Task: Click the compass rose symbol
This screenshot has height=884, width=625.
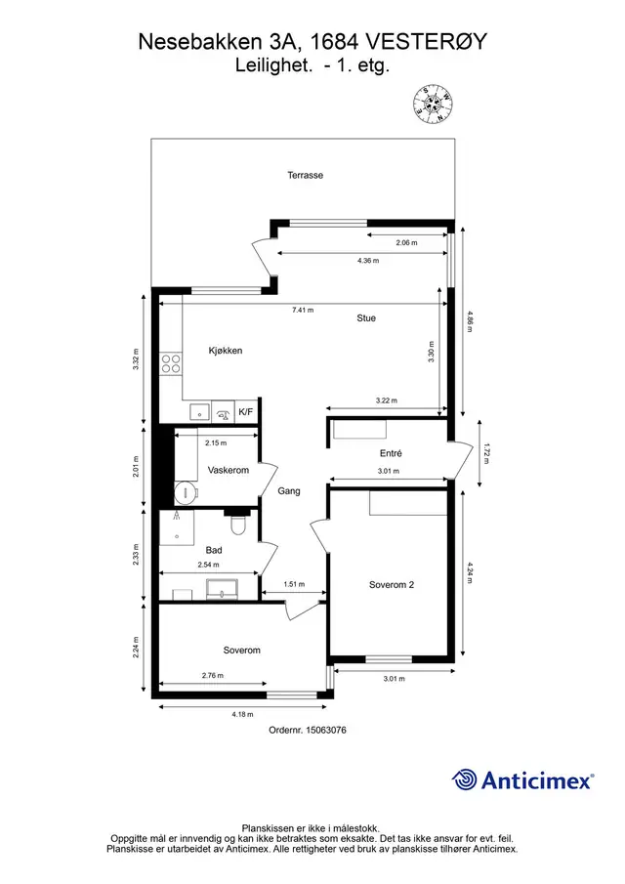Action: (433, 104)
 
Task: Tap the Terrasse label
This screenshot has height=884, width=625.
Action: (306, 175)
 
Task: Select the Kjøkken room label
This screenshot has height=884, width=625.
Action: (226, 351)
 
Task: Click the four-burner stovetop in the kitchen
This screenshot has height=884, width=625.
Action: (171, 363)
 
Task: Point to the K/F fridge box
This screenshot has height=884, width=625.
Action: (246, 412)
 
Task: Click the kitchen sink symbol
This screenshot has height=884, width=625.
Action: (199, 412)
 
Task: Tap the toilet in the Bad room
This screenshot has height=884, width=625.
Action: (238, 525)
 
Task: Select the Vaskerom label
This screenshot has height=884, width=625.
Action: (229, 470)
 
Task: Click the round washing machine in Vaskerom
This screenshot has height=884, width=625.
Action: (186, 493)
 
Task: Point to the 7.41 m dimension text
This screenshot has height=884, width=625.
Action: (303, 310)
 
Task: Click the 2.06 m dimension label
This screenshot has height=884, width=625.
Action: (406, 243)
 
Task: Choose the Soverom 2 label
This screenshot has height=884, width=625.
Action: (392, 585)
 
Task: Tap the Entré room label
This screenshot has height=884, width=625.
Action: (392, 453)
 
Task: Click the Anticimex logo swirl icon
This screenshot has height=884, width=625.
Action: (464, 779)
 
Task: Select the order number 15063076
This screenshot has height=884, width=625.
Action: (326, 730)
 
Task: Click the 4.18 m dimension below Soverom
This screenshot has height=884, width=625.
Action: (242, 714)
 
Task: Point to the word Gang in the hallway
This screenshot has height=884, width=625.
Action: (289, 491)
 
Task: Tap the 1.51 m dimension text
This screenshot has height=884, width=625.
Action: (294, 585)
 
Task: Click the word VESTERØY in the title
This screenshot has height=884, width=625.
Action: (427, 42)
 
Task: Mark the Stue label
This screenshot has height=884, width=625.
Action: (366, 318)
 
